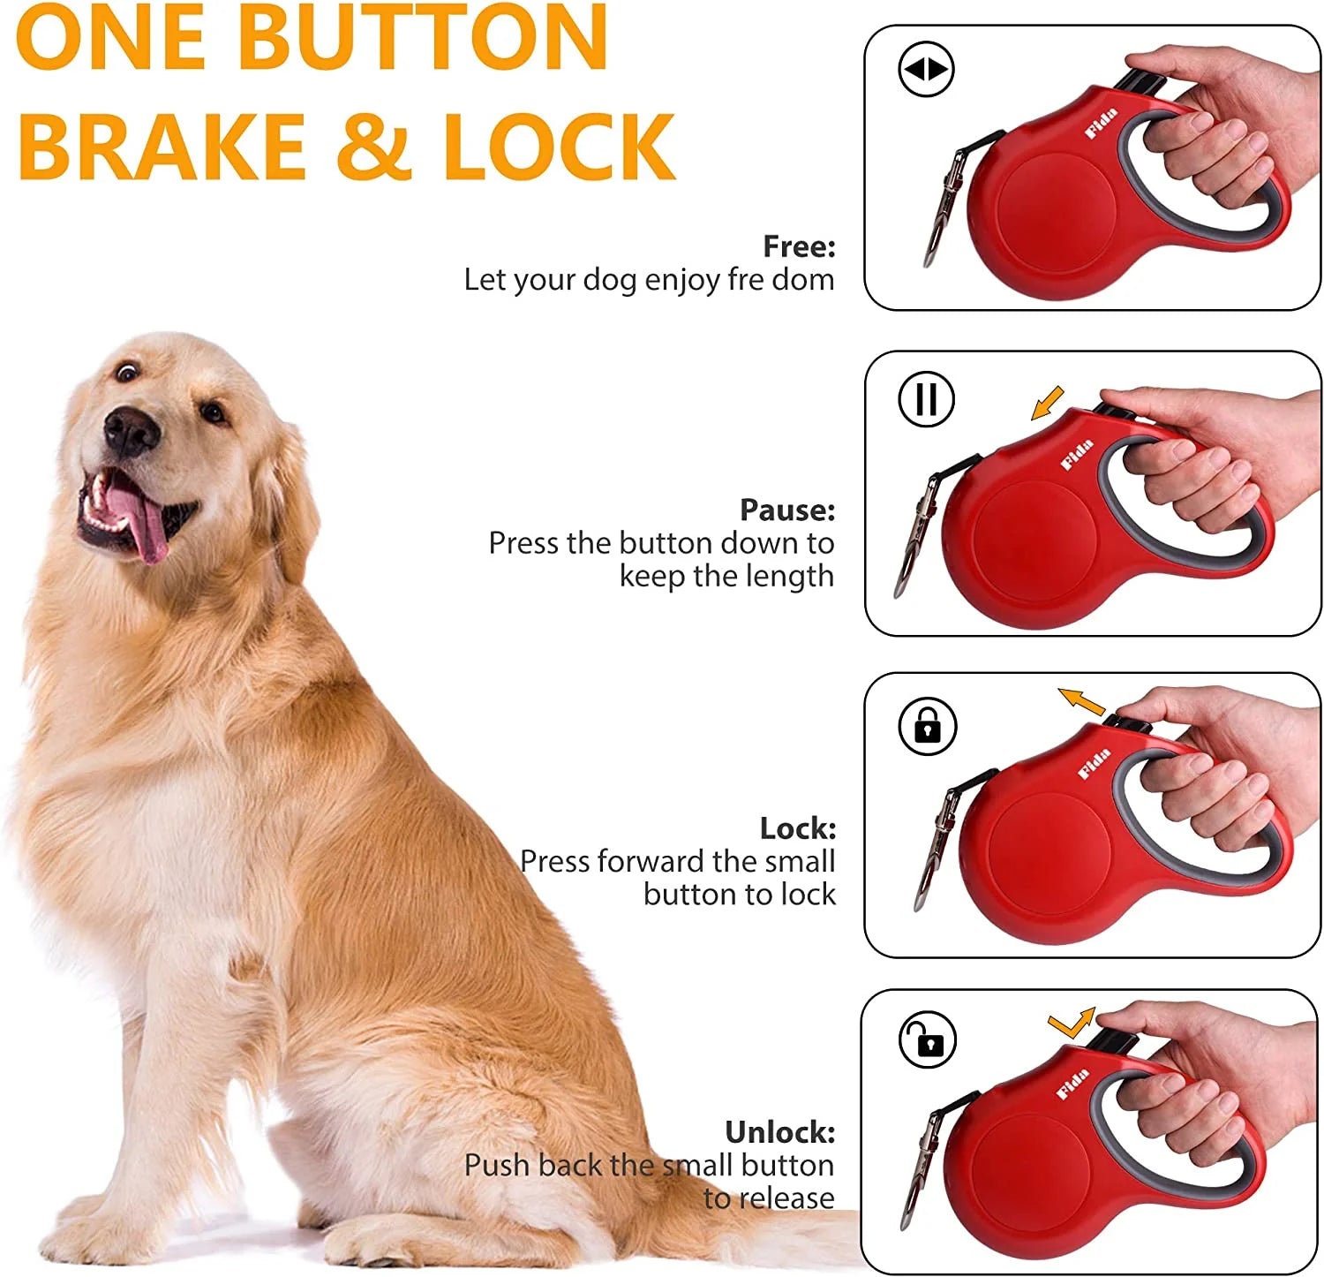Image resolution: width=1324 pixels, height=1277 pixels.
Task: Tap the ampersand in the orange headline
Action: [x=374, y=146]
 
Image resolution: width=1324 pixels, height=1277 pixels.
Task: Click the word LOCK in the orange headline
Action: [x=559, y=146]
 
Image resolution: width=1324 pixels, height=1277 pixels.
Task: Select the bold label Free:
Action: [x=799, y=246]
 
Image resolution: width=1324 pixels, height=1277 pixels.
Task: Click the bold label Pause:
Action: [x=786, y=510]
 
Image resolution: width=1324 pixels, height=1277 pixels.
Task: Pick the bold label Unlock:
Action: [x=779, y=1131]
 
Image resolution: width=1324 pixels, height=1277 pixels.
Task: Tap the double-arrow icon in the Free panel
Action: [x=926, y=70]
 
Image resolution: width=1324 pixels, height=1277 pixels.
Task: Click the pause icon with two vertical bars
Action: [x=926, y=398]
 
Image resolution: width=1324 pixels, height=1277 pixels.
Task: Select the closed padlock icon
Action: [x=927, y=726]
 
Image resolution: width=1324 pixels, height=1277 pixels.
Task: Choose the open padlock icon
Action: [x=927, y=1040]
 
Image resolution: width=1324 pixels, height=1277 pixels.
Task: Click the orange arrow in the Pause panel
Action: [x=1048, y=404]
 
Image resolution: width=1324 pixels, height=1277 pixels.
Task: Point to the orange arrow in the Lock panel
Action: [x=1081, y=702]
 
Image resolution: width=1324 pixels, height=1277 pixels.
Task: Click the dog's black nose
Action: [x=131, y=433]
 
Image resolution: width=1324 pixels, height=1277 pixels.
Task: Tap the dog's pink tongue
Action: [x=146, y=525]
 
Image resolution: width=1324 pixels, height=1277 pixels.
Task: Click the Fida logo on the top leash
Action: [x=1102, y=123]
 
